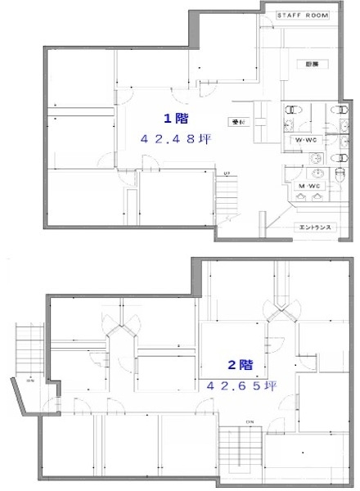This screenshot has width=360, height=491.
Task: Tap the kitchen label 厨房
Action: [313, 62]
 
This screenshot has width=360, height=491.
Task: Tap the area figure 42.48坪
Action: [178, 139]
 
